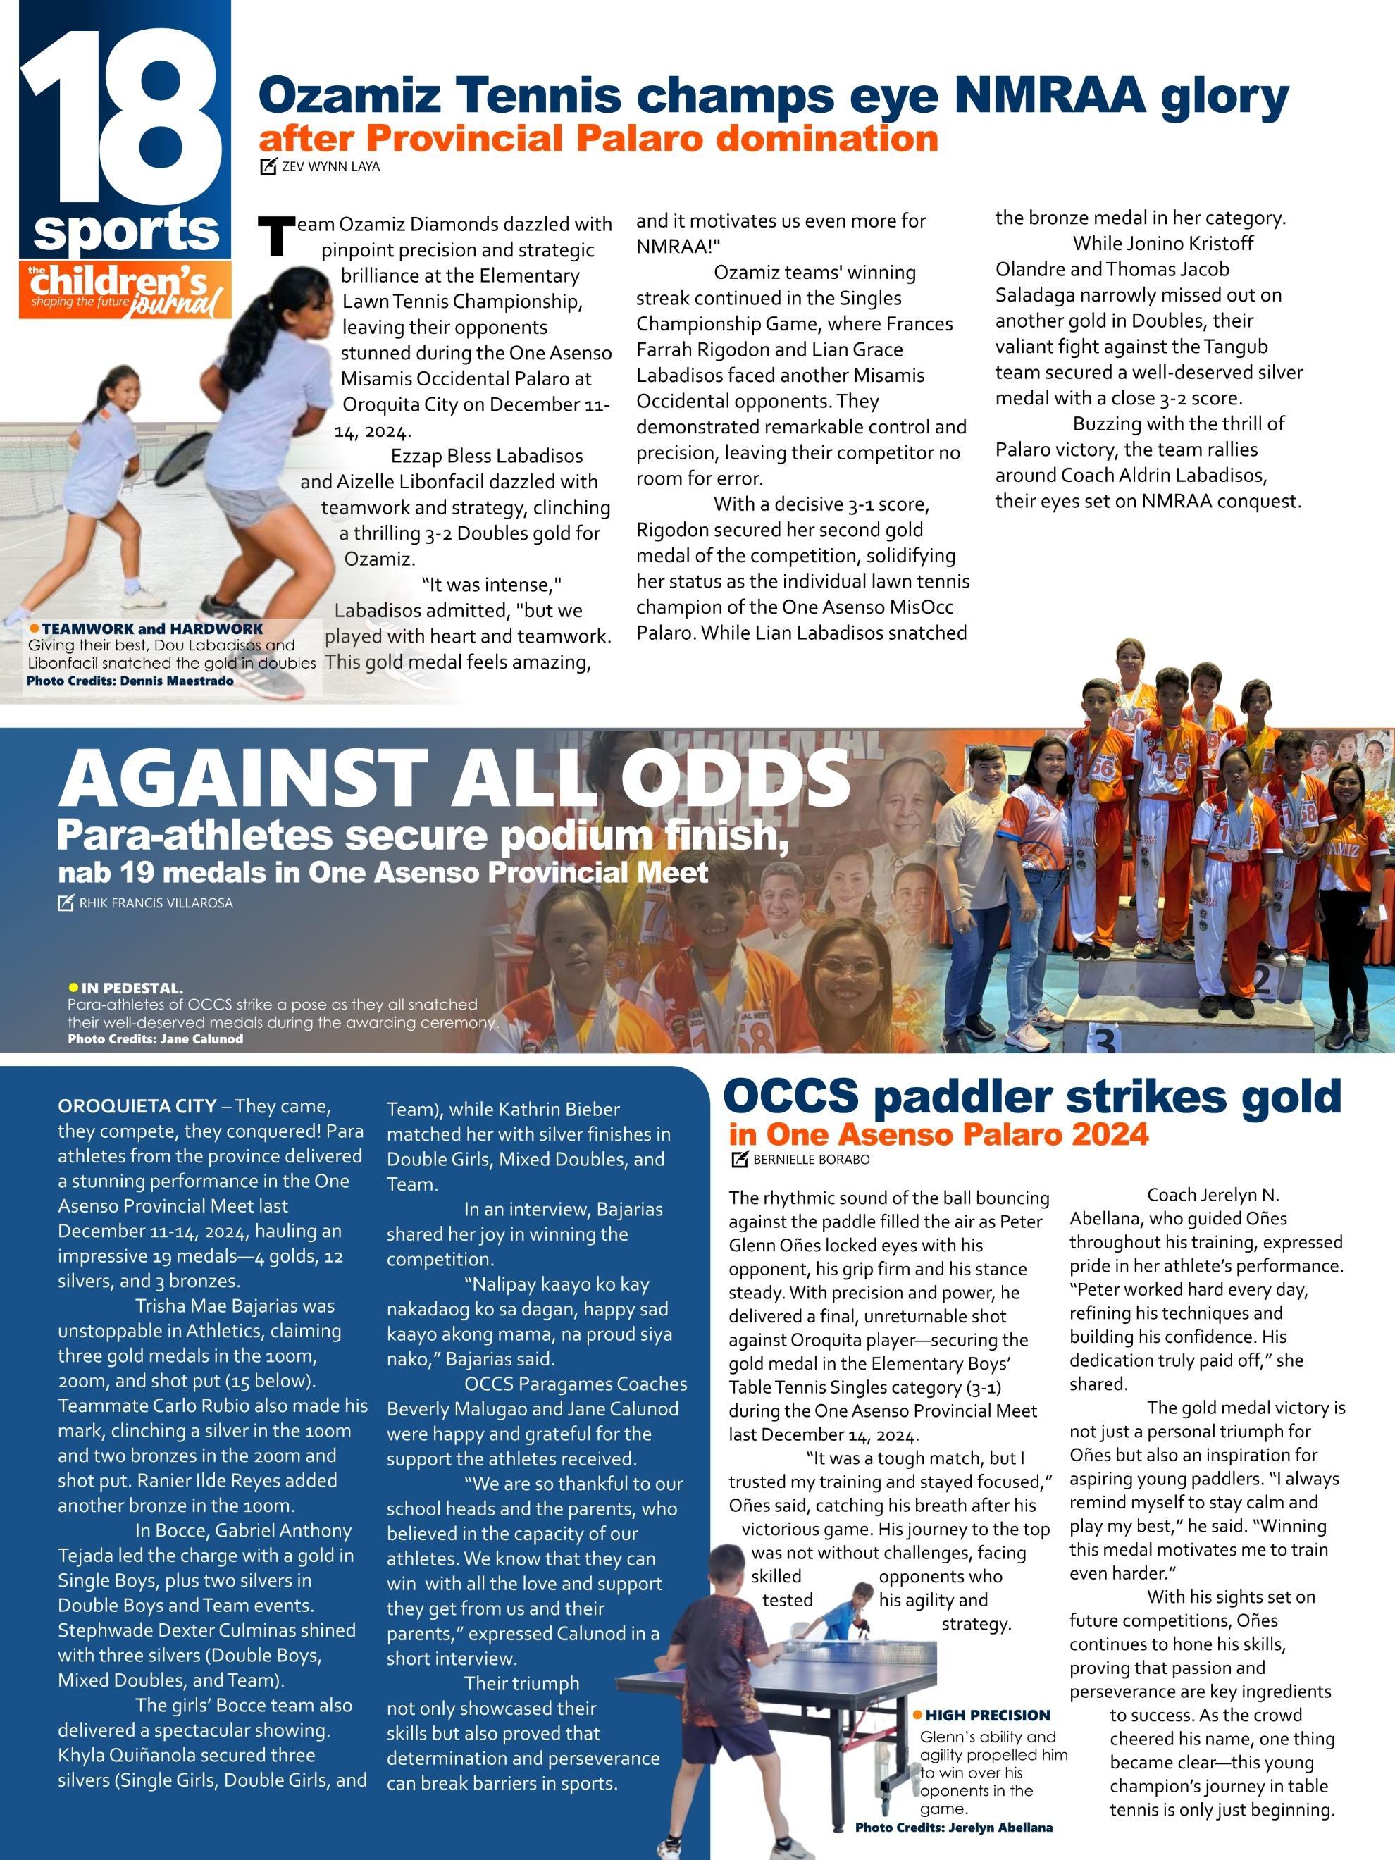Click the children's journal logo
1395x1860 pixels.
[125, 290]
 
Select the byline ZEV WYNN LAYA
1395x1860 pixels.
[330, 166]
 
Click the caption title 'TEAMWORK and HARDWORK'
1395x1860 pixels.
[152, 629]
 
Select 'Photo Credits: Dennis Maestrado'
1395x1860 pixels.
[130, 681]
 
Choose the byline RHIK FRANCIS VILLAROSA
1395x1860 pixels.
[156, 903]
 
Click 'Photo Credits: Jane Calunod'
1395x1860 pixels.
[156, 1038]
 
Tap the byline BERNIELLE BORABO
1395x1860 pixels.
[811, 1160]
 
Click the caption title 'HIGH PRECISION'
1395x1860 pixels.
[988, 1716]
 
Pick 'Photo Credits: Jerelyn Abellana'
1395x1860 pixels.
[953, 1827]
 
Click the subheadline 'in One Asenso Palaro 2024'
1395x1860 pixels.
[938, 1134]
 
